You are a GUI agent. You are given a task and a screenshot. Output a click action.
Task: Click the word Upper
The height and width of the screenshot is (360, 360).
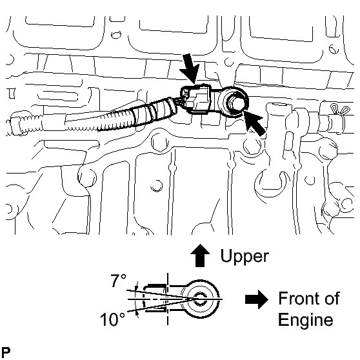245,257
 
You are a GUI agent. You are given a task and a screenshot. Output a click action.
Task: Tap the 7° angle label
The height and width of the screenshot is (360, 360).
119,280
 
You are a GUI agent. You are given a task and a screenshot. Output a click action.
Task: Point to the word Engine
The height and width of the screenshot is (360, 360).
306,320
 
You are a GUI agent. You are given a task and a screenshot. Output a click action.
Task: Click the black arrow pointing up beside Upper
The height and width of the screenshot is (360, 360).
200,255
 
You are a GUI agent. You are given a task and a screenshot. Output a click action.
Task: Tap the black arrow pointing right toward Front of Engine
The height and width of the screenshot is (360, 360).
257,299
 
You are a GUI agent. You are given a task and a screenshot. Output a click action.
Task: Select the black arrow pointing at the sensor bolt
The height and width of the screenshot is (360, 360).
254,123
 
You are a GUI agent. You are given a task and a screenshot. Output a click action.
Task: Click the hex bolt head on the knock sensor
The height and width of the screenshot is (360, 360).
235,103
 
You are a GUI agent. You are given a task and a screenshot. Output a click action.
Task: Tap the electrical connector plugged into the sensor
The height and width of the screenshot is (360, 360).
197,99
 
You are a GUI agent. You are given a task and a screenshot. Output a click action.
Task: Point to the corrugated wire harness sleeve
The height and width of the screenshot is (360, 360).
138,114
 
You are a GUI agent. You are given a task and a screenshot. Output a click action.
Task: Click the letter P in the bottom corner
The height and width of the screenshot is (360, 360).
6,352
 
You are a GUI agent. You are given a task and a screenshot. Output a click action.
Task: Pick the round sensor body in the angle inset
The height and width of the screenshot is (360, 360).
200,299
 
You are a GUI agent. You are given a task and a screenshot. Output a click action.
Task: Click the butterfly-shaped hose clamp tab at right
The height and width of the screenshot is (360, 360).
340,110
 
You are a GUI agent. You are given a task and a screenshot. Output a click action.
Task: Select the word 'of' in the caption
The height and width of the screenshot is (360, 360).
331,298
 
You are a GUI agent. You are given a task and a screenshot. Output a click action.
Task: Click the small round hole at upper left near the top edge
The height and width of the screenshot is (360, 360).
116,35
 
